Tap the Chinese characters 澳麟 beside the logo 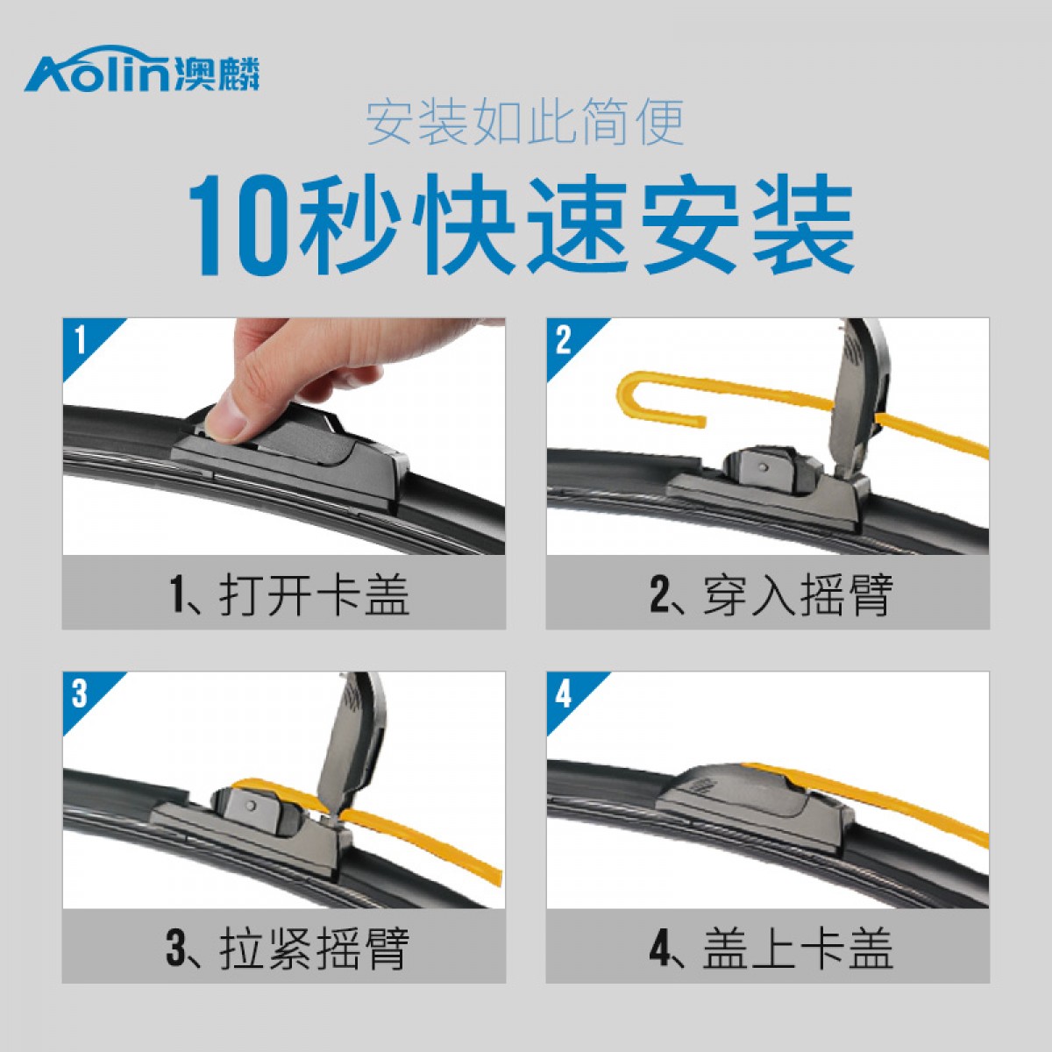point(217,73)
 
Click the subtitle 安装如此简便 point(525,122)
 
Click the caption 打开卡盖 point(315,595)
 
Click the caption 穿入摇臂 point(798,595)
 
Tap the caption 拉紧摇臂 point(315,949)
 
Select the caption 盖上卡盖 point(798,949)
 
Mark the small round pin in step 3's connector point(251,806)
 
